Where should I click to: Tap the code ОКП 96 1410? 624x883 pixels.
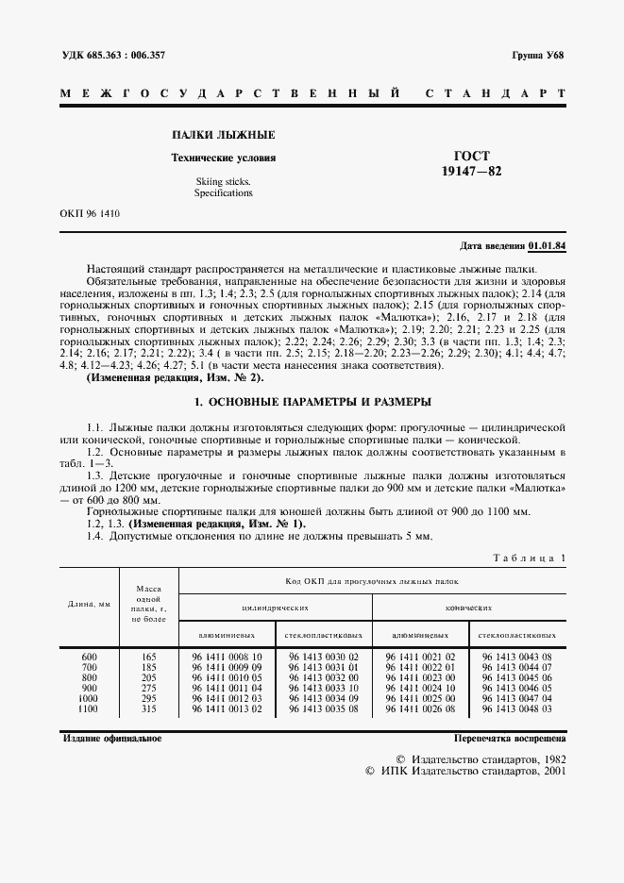pos(90,214)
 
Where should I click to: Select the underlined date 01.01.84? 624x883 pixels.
pos(548,246)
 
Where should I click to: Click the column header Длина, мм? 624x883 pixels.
pos(90,603)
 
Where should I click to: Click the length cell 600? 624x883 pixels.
pos(89,656)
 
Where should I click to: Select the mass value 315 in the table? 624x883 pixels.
pos(146,708)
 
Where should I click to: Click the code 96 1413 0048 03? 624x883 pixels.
pos(515,708)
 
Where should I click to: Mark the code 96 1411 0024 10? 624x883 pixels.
pos(420,687)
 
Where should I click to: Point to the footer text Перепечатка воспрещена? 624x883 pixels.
pos(509,739)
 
